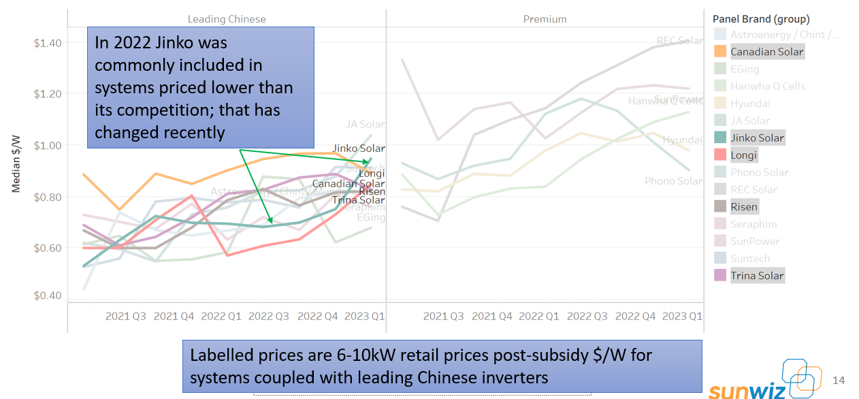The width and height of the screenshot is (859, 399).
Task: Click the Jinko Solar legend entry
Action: tap(757, 138)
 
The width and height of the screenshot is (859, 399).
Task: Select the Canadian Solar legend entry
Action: tap(766, 52)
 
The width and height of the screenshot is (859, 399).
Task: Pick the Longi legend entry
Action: tap(743, 155)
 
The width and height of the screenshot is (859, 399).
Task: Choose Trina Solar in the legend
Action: tap(757, 276)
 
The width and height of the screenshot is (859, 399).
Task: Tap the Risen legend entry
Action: tap(744, 206)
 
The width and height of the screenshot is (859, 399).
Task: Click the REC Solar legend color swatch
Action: tap(719, 189)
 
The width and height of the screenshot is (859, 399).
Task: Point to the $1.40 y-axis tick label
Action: tap(48, 43)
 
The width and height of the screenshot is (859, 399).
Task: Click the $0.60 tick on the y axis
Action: tap(48, 248)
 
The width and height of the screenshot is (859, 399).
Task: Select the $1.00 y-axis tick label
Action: tap(48, 145)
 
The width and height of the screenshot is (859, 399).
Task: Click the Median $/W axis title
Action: tap(16, 163)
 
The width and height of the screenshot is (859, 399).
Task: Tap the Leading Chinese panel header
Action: tap(227, 19)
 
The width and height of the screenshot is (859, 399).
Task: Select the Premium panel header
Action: tap(545, 19)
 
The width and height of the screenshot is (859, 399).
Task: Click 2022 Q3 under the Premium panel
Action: tap(587, 316)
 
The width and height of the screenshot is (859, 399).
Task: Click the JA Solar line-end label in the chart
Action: tap(366, 124)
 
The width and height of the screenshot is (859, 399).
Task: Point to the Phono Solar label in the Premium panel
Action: tap(673, 180)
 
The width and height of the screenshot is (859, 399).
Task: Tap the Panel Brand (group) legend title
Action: tap(761, 19)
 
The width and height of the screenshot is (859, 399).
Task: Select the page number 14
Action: tap(839, 380)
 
